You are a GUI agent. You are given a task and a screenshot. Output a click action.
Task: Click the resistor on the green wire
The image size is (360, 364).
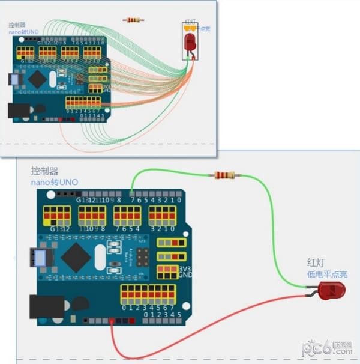224,175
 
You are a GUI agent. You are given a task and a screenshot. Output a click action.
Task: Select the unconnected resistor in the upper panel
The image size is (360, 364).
133,20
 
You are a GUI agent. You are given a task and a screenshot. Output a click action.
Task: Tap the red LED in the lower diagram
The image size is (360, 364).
329,292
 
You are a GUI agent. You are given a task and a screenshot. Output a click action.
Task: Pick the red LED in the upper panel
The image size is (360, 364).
190,41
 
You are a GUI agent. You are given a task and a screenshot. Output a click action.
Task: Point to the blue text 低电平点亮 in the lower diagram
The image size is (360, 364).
327,274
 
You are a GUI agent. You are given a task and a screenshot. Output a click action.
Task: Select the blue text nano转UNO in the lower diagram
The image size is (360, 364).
55,182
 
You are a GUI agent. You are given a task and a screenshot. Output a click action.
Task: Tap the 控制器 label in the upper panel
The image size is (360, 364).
17,25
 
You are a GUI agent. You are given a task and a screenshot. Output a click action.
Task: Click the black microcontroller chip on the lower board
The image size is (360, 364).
76,255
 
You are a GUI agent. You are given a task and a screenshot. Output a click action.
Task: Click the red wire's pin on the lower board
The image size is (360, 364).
112,321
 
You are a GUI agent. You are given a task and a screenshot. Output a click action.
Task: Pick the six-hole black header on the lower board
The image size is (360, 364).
142,258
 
